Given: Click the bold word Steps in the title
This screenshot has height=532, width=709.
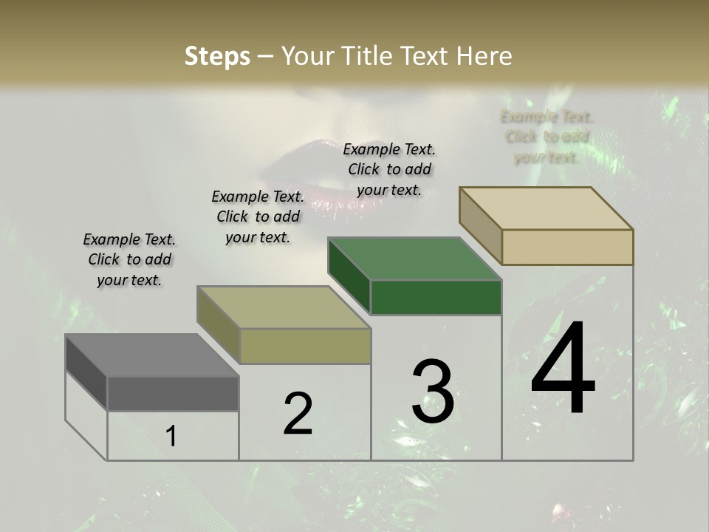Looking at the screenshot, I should [x=216, y=56].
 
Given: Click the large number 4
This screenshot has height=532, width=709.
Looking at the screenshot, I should [x=563, y=369].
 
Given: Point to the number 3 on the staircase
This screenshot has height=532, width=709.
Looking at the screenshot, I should [x=433, y=392].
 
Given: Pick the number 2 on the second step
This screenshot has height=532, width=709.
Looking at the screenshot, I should [x=298, y=414].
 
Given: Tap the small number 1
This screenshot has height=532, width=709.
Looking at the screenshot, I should [x=171, y=437].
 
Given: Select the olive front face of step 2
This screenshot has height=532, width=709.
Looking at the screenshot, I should [x=305, y=347].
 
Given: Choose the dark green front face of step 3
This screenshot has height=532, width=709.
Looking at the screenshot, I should [x=436, y=297].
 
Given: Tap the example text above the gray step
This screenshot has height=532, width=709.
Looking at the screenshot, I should [x=129, y=259].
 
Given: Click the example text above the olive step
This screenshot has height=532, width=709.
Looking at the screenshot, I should [x=258, y=216].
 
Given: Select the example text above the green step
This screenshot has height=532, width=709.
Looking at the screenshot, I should [x=389, y=169].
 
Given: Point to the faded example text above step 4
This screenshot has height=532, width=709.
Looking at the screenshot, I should [x=547, y=137].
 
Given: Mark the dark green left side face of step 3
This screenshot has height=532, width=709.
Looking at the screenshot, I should [x=349, y=273].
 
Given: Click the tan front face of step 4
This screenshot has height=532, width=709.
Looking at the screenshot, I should [x=567, y=247].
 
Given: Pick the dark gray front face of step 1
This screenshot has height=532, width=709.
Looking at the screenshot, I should [x=173, y=393].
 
